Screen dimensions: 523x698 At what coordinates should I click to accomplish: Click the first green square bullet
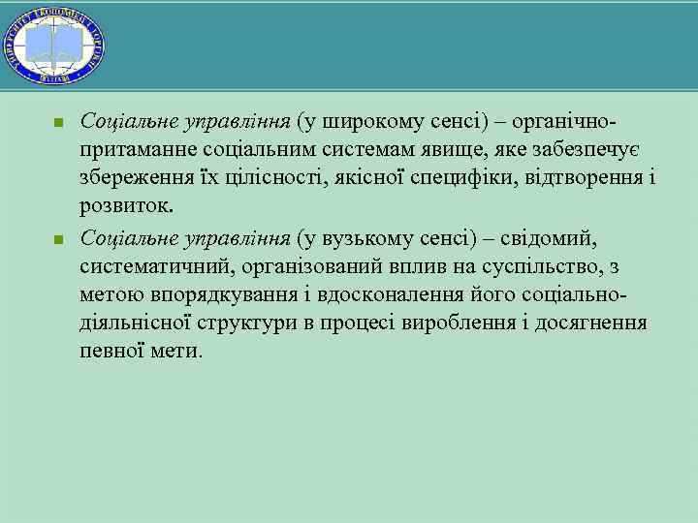click(58, 123)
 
